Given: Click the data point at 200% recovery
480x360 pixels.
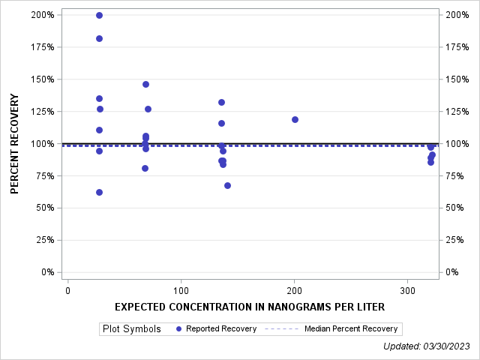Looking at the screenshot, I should [99, 15].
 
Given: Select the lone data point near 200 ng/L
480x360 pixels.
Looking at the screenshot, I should [295, 119].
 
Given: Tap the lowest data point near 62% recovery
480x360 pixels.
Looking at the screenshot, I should [99, 192].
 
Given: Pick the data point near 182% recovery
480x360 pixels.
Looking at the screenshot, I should [99, 38].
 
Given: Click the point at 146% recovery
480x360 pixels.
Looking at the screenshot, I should [145, 84].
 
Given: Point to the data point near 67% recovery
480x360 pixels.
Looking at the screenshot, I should [227, 185].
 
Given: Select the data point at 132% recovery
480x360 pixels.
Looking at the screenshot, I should [221, 102].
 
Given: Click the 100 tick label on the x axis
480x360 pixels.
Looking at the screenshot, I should [181, 290].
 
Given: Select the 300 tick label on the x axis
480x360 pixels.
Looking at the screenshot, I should [407, 290].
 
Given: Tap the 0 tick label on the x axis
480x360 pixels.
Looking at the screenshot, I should [67, 290].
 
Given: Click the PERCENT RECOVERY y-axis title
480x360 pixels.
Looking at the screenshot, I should [15, 144].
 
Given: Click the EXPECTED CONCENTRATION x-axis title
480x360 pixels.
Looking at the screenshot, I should [250, 307].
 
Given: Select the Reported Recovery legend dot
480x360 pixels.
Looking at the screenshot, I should [178, 328].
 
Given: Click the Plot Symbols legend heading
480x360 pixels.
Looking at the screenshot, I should [131, 328].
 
